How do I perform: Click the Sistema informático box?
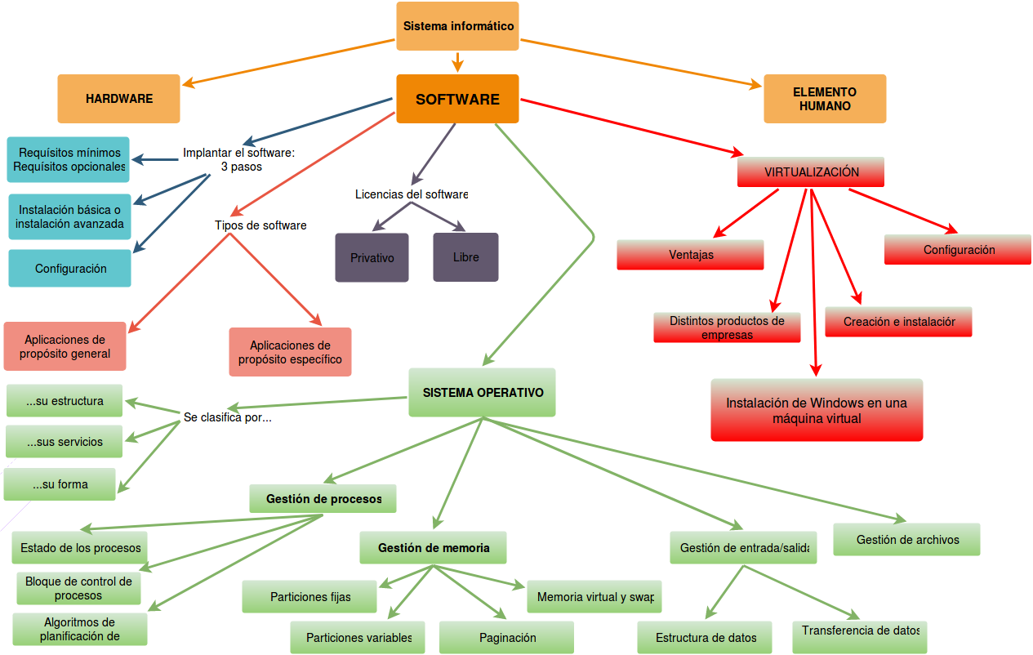click(x=458, y=26)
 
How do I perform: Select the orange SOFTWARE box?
click(x=457, y=99)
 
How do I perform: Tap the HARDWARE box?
click(x=118, y=99)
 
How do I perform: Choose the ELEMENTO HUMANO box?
click(x=825, y=99)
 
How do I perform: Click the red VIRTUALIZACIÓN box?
click(x=811, y=172)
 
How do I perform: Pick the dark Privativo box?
click(x=372, y=257)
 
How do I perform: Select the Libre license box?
click(x=465, y=257)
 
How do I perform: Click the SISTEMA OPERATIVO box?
click(x=482, y=392)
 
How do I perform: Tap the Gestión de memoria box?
click(x=433, y=547)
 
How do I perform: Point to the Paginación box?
click(x=506, y=637)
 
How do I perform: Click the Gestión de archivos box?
click(x=906, y=539)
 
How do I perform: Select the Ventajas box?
click(x=690, y=255)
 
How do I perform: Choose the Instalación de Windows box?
click(x=817, y=410)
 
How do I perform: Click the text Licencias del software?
click(x=411, y=194)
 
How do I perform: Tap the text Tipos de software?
click(x=260, y=225)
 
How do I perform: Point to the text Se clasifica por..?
click(x=227, y=417)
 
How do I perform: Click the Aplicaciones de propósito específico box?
click(x=290, y=352)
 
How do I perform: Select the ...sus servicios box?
click(x=65, y=442)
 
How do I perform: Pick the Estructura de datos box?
click(x=706, y=637)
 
